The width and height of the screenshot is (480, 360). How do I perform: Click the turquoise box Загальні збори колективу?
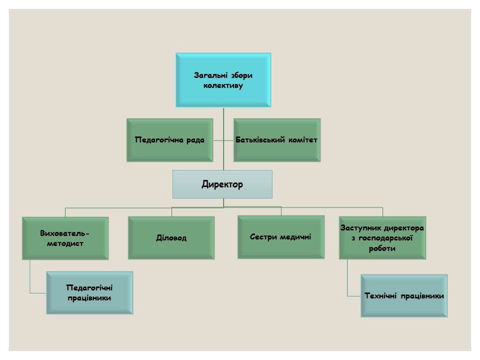pyautogui.click(x=223, y=80)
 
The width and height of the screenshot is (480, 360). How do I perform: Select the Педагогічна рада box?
pyautogui.click(x=170, y=140)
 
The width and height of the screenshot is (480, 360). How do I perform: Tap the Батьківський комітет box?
pyautogui.click(x=276, y=140)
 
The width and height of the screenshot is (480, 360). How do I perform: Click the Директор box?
pyautogui.click(x=222, y=184)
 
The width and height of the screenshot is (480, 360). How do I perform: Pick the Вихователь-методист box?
pyautogui.click(x=65, y=238)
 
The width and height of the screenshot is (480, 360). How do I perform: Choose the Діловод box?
pyautogui.click(x=171, y=238)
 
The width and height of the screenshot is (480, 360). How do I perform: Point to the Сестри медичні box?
pyautogui.click(x=280, y=236)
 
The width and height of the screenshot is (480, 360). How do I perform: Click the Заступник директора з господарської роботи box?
pyautogui.click(x=382, y=238)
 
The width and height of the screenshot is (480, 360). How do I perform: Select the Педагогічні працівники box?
pyautogui.click(x=89, y=292)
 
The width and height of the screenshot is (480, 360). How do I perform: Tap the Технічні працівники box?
pyautogui.click(x=404, y=295)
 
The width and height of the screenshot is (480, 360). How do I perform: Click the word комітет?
pyautogui.click(x=302, y=140)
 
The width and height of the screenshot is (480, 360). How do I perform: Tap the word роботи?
pyautogui.click(x=382, y=248)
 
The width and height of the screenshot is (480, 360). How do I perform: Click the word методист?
pyautogui.click(x=65, y=243)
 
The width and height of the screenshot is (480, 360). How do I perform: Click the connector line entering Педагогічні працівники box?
pyautogui.click(x=38, y=292)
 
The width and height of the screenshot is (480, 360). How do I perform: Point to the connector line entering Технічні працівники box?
pyautogui.click(x=354, y=295)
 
